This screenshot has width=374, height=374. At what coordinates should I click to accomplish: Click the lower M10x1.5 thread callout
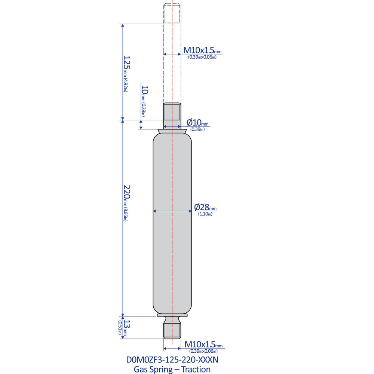click(x=202, y=344)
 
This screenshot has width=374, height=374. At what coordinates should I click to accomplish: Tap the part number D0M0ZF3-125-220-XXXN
click(x=172, y=360)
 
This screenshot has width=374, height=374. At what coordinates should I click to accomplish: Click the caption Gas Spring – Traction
click(x=172, y=369)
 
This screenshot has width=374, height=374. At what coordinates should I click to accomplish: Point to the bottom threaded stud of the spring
click(x=172, y=330)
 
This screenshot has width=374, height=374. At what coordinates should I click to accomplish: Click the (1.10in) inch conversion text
click(x=205, y=214)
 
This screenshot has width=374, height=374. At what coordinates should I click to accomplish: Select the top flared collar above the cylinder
click(x=172, y=131)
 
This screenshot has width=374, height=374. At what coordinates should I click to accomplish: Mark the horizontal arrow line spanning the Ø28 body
click(x=172, y=211)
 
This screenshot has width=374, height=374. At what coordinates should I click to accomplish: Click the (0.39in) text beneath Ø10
click(x=197, y=129)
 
